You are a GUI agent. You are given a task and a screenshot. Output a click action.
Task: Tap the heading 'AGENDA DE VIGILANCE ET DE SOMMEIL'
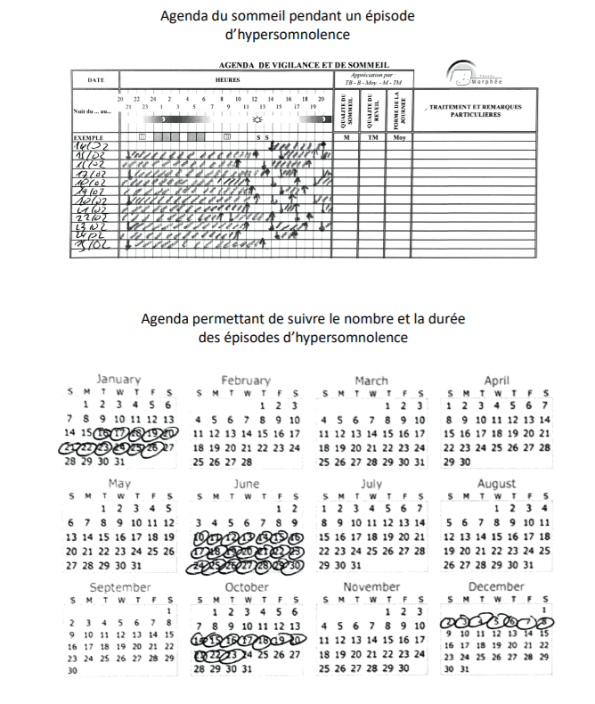click(303, 65)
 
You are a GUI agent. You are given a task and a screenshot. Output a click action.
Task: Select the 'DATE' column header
click(95, 80)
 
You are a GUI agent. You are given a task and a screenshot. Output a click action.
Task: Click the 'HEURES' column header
click(225, 80)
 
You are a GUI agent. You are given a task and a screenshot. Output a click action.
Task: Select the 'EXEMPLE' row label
click(89, 137)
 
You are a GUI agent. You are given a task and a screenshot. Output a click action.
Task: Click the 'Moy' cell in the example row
click(399, 137)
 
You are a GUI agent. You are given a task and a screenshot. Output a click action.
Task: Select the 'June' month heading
click(245, 484)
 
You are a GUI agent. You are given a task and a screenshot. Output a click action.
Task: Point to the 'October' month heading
click(246, 587)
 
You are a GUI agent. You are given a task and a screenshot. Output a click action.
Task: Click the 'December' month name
click(496, 587)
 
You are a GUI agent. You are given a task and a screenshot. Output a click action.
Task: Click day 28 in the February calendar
click(247, 462)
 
